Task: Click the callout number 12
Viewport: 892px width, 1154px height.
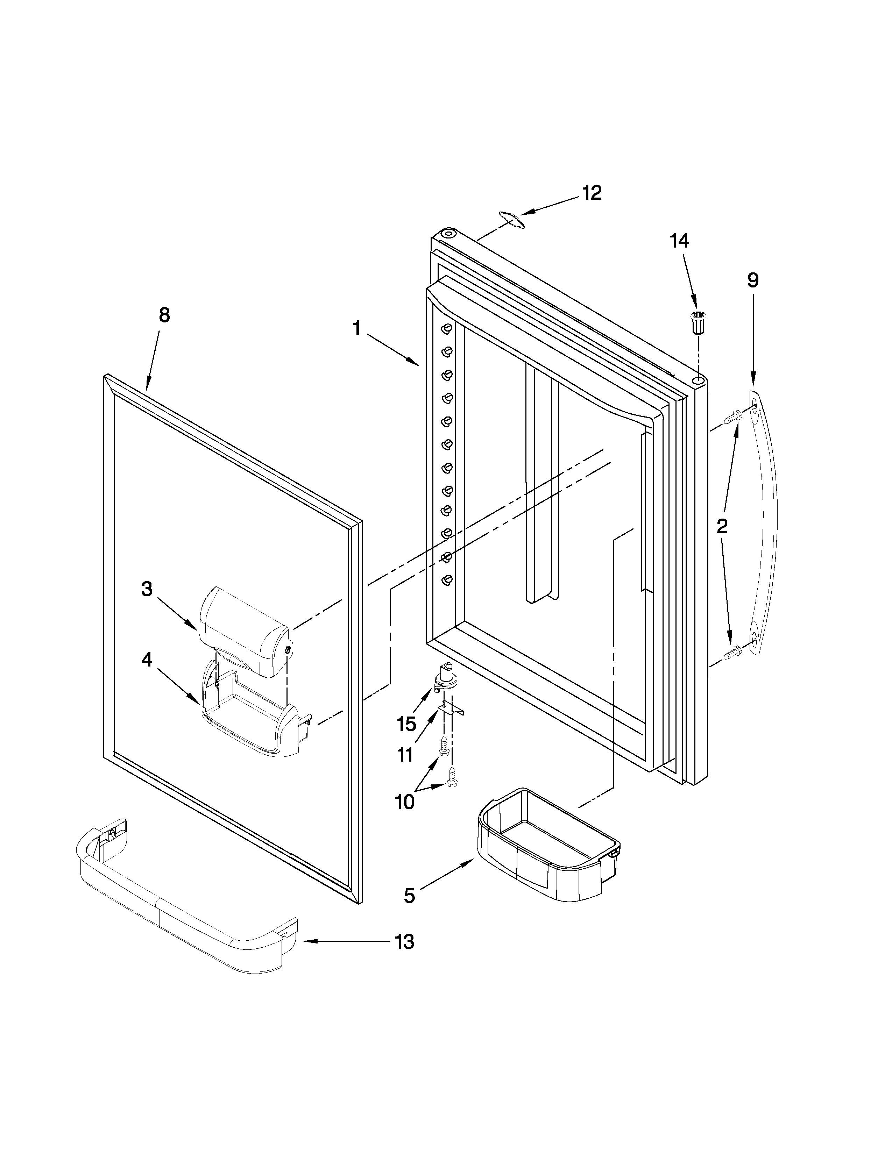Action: pos(592,193)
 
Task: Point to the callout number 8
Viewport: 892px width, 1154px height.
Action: pos(164,315)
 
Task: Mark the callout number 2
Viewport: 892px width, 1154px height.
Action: pos(722,526)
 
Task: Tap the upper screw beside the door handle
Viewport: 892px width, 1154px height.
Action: pos(732,418)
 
